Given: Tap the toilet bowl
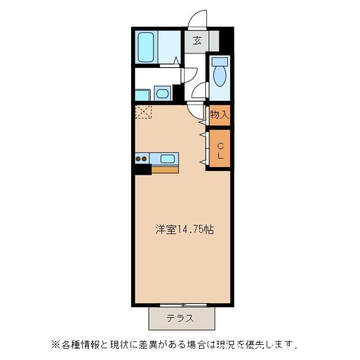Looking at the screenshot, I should pyautogui.click(x=220, y=75).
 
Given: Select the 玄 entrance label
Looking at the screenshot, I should pyautogui.click(x=197, y=40).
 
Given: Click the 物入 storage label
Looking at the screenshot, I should pyautogui.click(x=219, y=115).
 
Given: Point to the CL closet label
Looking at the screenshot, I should pyautogui.click(x=220, y=150).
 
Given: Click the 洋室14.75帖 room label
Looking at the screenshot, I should pyautogui.click(x=184, y=229).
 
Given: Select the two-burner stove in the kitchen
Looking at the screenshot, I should pyautogui.click(x=142, y=159).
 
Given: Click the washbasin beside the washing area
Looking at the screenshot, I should pyautogui.click(x=162, y=93).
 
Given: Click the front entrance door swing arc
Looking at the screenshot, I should pyautogui.click(x=196, y=20).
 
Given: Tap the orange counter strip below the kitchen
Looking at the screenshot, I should pyautogui.click(x=165, y=169).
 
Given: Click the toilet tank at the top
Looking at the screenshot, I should pyautogui.click(x=220, y=60).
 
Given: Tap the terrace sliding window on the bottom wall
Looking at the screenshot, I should pyautogui.click(x=183, y=305).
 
